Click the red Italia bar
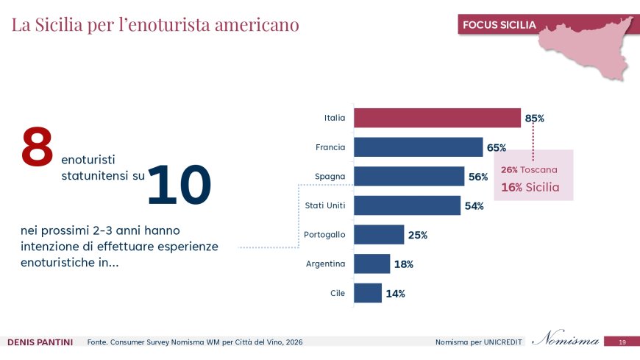tap(437, 118)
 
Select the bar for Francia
tap(418, 147)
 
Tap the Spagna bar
tap(409, 177)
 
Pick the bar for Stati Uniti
tap(407, 205)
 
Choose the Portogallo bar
tap(379, 235)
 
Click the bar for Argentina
tap(371, 264)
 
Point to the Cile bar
tap(368, 293)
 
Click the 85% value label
tap(535, 118)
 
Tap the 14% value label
tap(395, 294)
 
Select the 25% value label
tap(418, 236)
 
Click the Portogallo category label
tap(324, 235)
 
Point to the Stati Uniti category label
tap(325, 205)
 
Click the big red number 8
tap(37, 147)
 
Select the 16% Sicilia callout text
tap(530, 187)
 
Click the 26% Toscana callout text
tap(529, 169)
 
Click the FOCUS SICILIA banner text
tap(499, 25)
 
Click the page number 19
tap(622, 342)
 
